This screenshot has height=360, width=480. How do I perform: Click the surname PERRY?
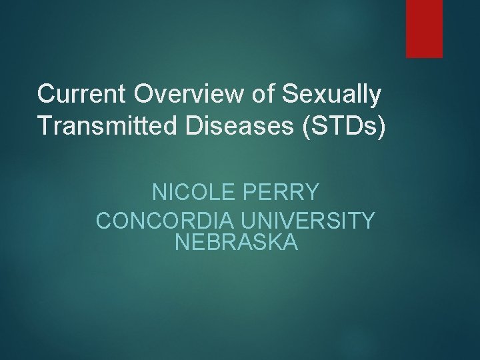[285, 194]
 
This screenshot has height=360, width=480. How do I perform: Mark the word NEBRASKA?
[236, 242]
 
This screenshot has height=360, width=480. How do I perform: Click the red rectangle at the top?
[425, 28]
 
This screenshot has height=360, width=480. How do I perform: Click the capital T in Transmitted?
[45, 127]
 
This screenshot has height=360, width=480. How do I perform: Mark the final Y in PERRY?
[312, 194]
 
